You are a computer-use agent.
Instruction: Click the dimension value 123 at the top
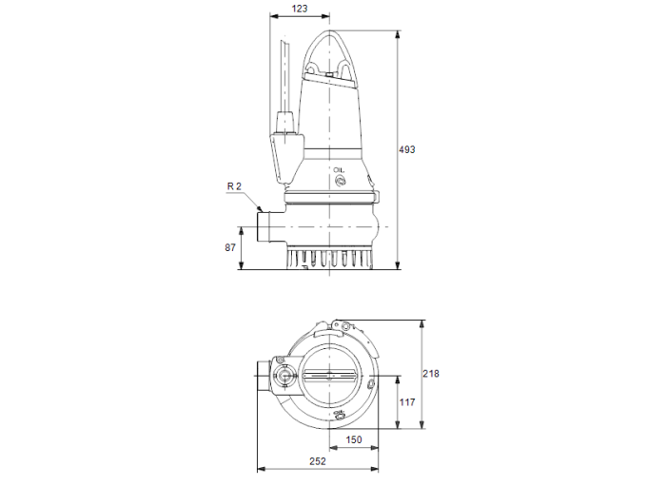click(301, 9)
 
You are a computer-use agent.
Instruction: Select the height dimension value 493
click(407, 149)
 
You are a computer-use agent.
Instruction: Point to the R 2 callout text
click(236, 186)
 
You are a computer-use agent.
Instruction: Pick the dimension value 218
click(431, 374)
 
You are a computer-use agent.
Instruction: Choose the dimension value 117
click(406, 402)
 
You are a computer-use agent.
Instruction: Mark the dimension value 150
click(353, 439)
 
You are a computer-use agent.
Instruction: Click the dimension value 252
click(318, 461)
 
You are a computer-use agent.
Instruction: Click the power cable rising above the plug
click(284, 76)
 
